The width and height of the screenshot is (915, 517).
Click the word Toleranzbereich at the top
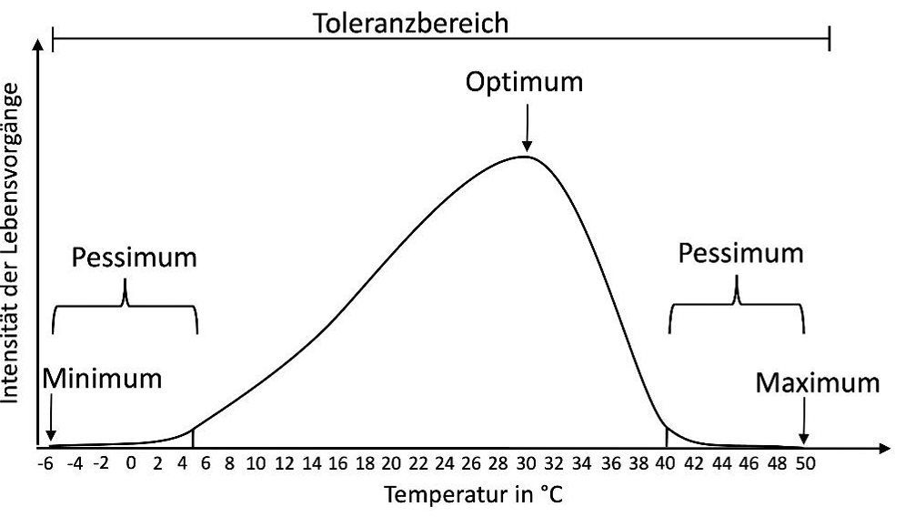[411, 23]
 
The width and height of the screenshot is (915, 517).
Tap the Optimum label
[524, 82]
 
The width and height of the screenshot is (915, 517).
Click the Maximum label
[817, 382]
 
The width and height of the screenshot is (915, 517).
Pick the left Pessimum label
[134, 257]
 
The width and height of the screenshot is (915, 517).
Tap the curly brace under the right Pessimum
[737, 307]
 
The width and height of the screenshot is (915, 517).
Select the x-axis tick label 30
[526, 463]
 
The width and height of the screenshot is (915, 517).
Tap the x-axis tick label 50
[804, 463]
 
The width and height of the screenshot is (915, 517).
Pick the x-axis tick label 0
[131, 463]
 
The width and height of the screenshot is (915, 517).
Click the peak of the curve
[524, 157]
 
